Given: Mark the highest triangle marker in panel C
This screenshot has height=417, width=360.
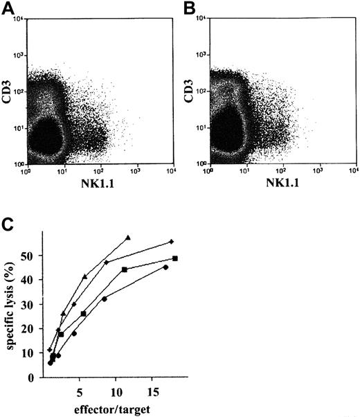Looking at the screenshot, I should point(128,238).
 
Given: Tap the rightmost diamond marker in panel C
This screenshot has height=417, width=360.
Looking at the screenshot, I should point(171,242).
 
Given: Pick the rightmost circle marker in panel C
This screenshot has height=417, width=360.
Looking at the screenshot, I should point(165,267).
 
